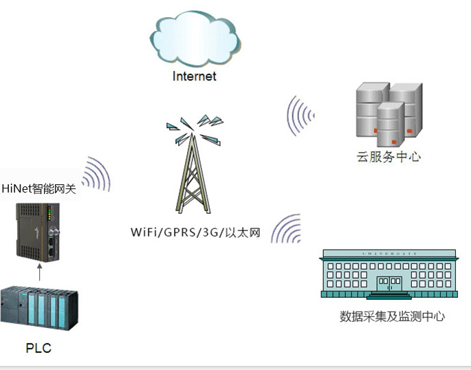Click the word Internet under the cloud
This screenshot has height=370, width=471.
pos(194,76)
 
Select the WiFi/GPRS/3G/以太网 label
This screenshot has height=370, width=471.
pos(196,232)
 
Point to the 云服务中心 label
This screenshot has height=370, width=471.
pos(388,157)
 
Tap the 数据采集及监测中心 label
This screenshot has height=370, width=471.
pos(392,316)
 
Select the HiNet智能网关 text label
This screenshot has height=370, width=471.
pos(39,187)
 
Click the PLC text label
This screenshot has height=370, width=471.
pos(39,348)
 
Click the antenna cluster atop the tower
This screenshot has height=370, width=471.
pos(195,128)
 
